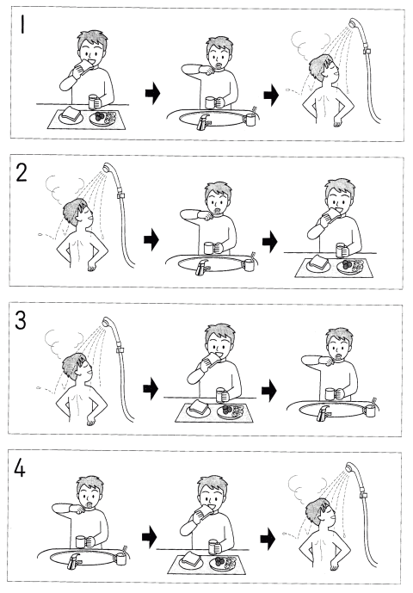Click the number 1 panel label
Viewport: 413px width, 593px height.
pyautogui.click(x=22, y=25)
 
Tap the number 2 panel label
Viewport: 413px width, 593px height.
pyautogui.click(x=22, y=173)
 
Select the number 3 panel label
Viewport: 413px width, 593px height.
pyautogui.click(x=21, y=321)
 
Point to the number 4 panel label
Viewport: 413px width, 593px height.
pyautogui.click(x=20, y=468)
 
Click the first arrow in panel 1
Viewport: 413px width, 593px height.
pyautogui.click(x=152, y=93)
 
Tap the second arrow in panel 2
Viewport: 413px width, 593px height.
pyautogui.click(x=269, y=242)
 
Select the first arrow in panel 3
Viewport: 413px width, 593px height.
pyautogui.click(x=151, y=389)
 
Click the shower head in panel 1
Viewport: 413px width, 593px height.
pyautogui.click(x=354, y=22)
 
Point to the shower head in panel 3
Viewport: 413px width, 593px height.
pyautogui.click(x=108, y=322)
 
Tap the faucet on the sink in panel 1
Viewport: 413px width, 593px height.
pyautogui.click(x=203, y=121)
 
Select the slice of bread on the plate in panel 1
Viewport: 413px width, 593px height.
pyautogui.click(x=71, y=114)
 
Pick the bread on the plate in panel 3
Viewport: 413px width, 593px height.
pyautogui.click(x=199, y=408)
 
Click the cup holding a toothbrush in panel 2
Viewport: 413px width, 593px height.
pyautogui.click(x=250, y=263)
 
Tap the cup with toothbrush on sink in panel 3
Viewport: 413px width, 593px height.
pyautogui.click(x=371, y=409)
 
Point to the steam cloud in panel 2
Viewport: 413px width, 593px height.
pyautogui.click(x=64, y=188)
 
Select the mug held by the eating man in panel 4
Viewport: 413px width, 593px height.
pyautogui.click(x=213, y=547)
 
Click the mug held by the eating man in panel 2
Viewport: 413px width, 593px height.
pyautogui.click(x=341, y=250)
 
